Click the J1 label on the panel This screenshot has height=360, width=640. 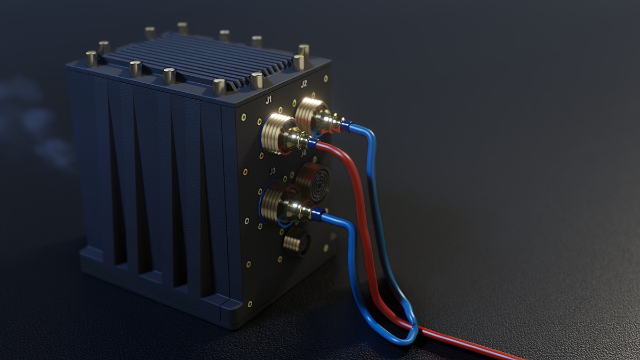pyautogui.click(x=269, y=99)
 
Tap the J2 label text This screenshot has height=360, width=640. pyautogui.click(x=303, y=83)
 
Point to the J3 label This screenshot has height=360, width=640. pyautogui.click(x=273, y=171)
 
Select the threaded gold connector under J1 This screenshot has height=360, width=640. pyautogui.click(x=277, y=133)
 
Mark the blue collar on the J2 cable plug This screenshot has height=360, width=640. pyautogui.click(x=346, y=126)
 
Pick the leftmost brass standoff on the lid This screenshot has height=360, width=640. pyautogui.click(x=91, y=58)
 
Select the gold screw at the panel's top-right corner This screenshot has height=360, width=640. pyautogui.click(x=325, y=78)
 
